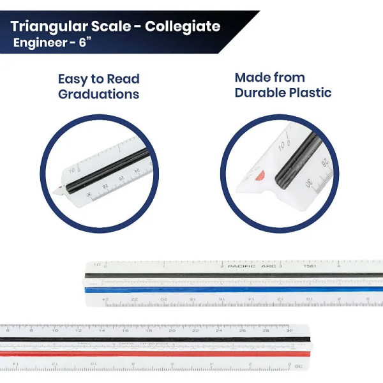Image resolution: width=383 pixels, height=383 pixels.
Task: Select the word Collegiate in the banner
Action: point(183,27)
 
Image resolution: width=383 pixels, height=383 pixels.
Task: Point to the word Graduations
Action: point(98,94)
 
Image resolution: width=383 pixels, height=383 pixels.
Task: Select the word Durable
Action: point(262,93)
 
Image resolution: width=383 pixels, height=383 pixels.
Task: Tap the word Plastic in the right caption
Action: point(310,93)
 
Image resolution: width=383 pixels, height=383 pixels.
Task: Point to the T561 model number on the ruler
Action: point(309,265)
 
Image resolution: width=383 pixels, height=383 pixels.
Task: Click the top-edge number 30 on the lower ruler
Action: point(289,330)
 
